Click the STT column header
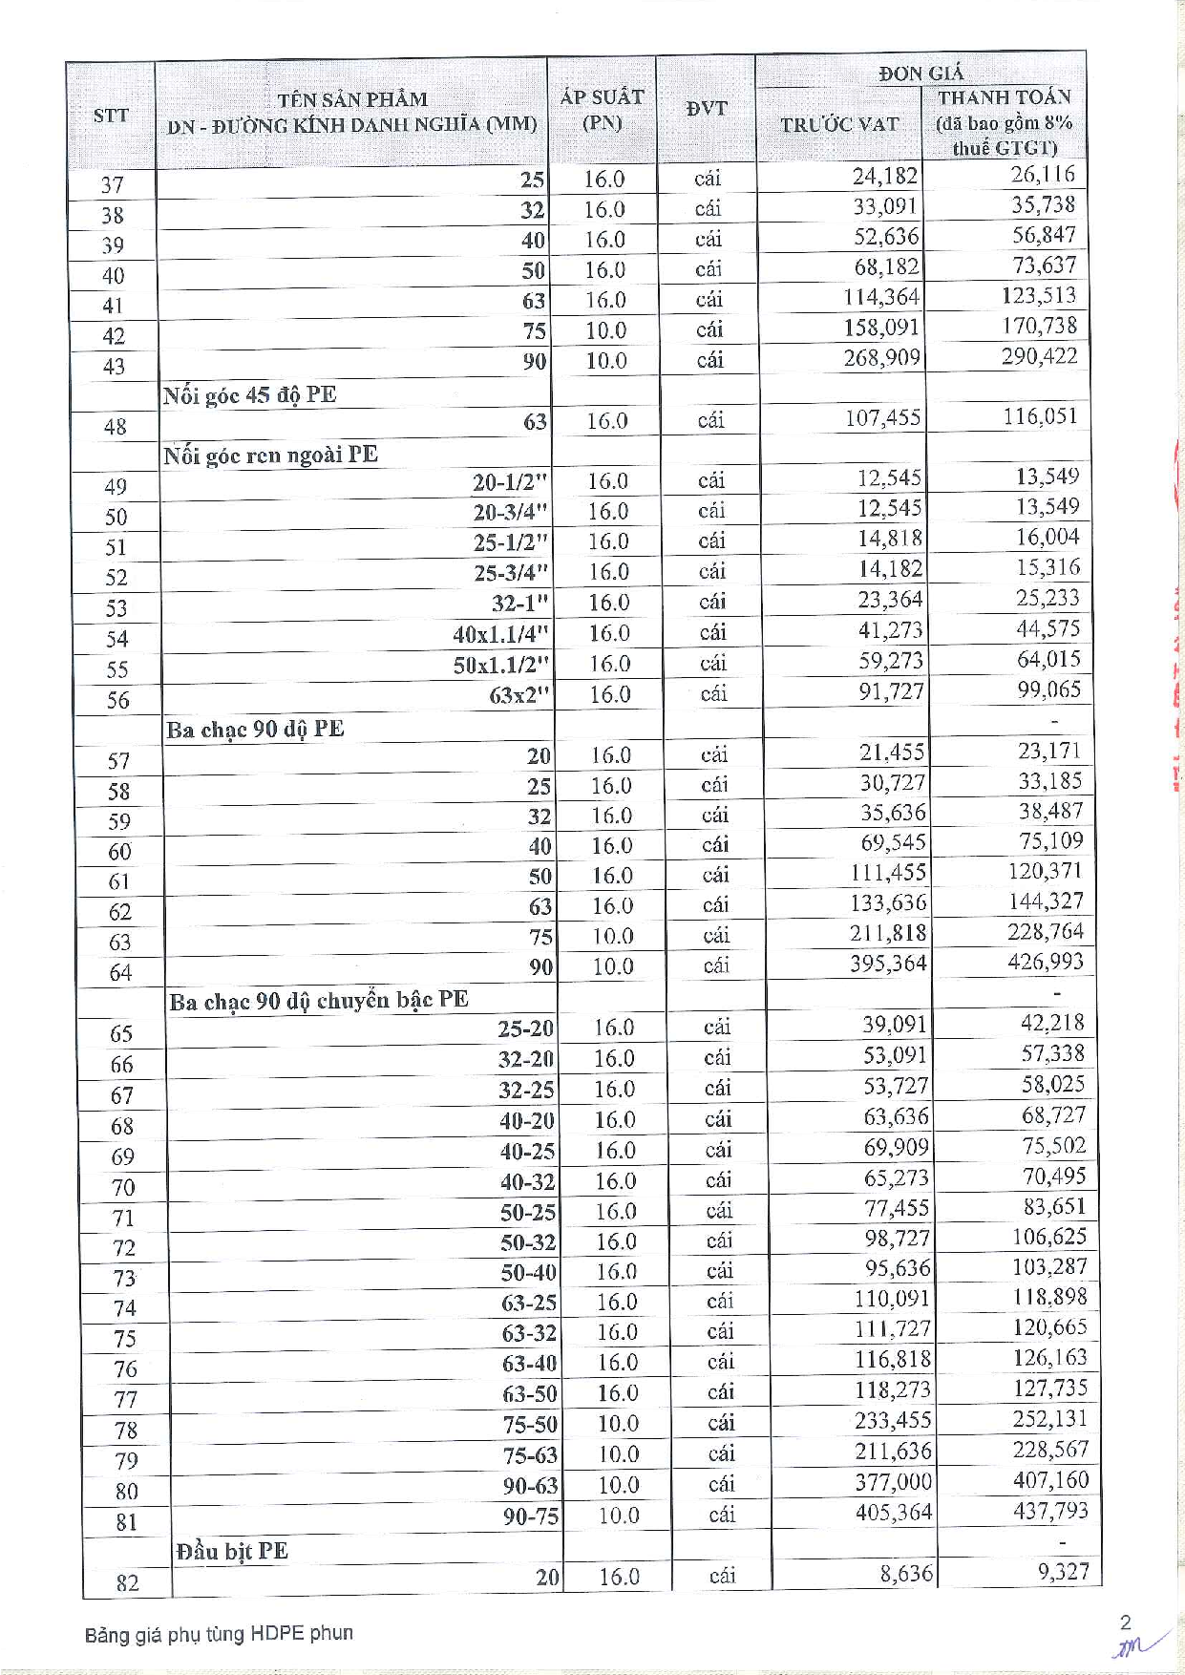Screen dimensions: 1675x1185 pyautogui.click(x=111, y=116)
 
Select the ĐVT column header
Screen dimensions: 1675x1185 pyautogui.click(x=707, y=108)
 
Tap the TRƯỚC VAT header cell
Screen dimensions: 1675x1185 pyautogui.click(x=839, y=124)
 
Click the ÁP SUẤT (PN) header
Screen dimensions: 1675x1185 pyautogui.click(x=603, y=110)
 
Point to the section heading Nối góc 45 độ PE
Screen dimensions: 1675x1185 pyautogui.click(x=249, y=394)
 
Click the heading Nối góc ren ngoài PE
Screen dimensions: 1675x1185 pyautogui.click(x=270, y=455)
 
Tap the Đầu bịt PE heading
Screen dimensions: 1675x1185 pyautogui.click(x=231, y=1550)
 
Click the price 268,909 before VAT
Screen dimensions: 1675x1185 pyautogui.click(x=881, y=357)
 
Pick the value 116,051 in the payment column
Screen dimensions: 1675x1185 pyautogui.click(x=1040, y=416)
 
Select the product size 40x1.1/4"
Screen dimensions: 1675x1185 pyautogui.click(x=501, y=633)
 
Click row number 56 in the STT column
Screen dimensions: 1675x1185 pyautogui.click(x=117, y=700)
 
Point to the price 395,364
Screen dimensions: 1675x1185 pyautogui.click(x=888, y=964)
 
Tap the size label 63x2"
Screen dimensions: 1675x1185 pyautogui.click(x=520, y=694)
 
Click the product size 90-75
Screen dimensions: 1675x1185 pyautogui.click(x=531, y=1516)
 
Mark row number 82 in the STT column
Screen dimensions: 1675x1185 pyautogui.click(x=127, y=1582)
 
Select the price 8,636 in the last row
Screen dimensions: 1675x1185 pyautogui.click(x=905, y=1573)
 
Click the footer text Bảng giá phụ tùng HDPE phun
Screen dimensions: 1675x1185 pyautogui.click(x=219, y=1633)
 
